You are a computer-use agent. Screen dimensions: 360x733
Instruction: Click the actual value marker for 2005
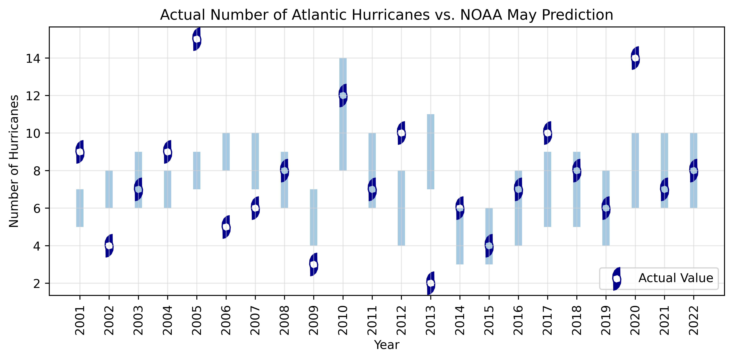[x=197, y=39]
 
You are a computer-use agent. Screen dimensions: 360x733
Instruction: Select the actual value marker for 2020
[x=635, y=58]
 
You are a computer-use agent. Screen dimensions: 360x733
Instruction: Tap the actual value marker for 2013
[x=431, y=283]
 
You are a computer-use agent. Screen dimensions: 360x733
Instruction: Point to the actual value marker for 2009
[x=314, y=264]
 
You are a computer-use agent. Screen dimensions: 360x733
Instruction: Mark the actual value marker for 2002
[x=109, y=246]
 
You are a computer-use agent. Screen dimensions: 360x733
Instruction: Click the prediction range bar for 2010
[x=343, y=128]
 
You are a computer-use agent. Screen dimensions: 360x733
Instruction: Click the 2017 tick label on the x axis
[x=547, y=320]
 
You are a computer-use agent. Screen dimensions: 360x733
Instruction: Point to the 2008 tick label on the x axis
[x=284, y=320]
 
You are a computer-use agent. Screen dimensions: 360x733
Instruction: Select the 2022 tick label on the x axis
[x=694, y=320]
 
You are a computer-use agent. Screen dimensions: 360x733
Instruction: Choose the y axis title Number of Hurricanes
[x=14, y=161]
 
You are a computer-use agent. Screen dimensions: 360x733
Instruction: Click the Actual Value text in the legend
[x=675, y=278]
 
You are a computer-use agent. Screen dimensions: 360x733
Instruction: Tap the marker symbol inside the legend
[x=617, y=279]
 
